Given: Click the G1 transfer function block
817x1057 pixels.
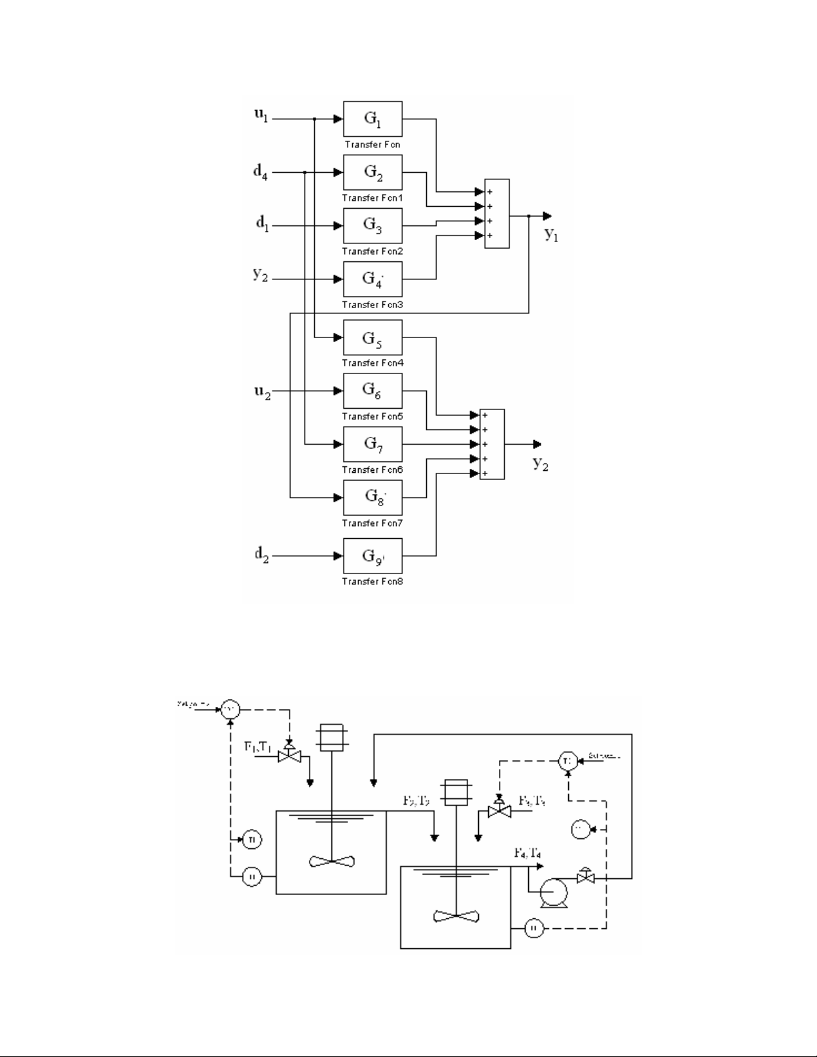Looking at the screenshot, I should [x=372, y=119].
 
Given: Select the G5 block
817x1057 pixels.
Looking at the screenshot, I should [x=372, y=337].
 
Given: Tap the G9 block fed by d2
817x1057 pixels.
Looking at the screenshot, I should [x=372, y=556].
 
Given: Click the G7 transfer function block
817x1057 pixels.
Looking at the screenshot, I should [x=372, y=444].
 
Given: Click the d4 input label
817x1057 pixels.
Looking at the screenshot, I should [x=261, y=171].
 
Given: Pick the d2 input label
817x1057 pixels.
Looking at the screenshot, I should [x=261, y=555].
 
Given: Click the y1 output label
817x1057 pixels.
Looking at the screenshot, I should [x=551, y=233].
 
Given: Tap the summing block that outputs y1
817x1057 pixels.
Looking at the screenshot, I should [x=497, y=213].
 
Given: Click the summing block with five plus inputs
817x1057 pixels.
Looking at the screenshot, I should [x=492, y=444].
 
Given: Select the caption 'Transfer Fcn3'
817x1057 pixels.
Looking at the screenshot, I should [x=372, y=305].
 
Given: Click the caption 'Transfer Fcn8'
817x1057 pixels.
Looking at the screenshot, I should [x=372, y=582].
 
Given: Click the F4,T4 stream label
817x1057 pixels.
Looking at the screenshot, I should [x=527, y=852].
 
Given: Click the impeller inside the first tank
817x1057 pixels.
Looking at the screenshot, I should [x=331, y=861].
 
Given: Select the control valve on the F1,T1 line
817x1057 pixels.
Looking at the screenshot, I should [x=289, y=754].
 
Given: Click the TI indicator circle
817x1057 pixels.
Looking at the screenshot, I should [x=251, y=839].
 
